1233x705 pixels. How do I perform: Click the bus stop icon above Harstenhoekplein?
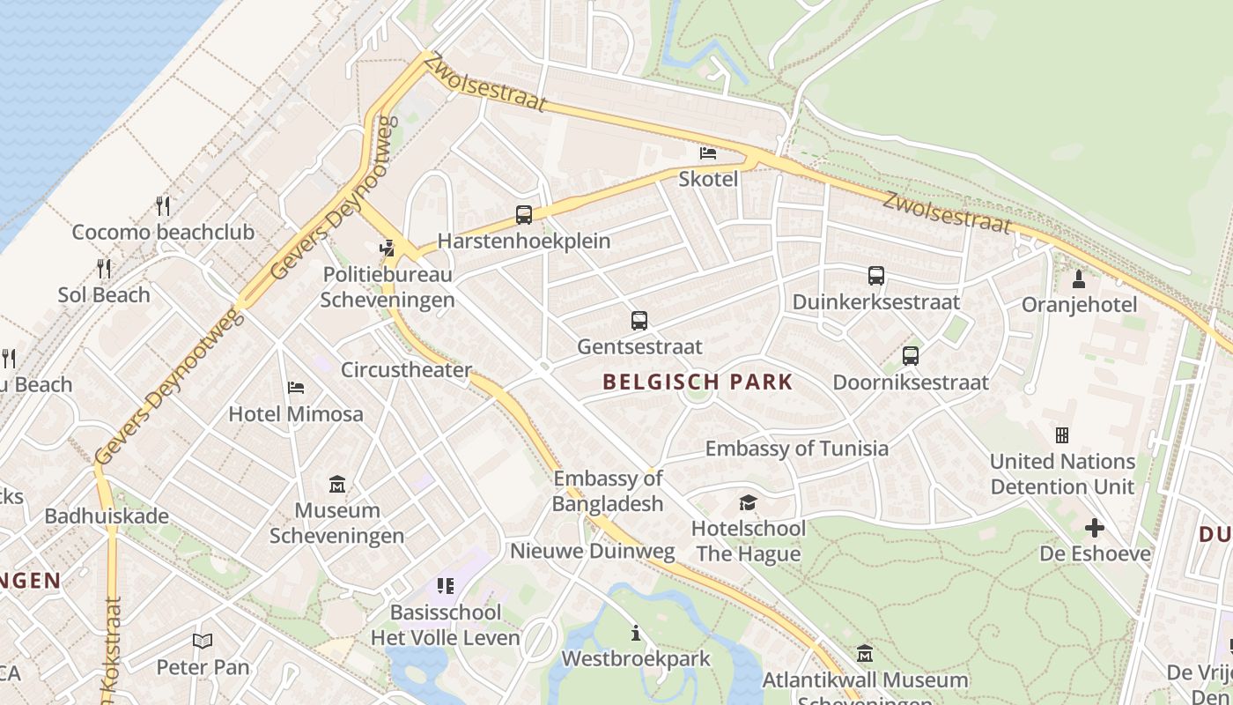(x=524, y=214)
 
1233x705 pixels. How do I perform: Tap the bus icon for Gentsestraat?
(x=639, y=321)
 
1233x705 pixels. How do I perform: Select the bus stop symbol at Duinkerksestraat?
(x=875, y=276)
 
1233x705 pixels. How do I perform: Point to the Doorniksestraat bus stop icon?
(x=911, y=356)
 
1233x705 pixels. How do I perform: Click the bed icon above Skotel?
(x=707, y=153)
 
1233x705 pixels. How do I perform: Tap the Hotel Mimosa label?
(x=296, y=413)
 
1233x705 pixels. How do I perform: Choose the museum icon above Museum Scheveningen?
(x=336, y=484)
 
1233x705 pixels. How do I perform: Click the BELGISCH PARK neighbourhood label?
(x=698, y=382)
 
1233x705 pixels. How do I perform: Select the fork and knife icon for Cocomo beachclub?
(x=163, y=205)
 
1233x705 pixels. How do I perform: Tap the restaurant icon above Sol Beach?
(x=104, y=269)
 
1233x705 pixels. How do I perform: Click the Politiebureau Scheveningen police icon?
(x=387, y=249)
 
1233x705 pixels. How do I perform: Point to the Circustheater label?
(x=406, y=369)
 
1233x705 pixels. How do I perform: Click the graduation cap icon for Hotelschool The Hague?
(x=748, y=502)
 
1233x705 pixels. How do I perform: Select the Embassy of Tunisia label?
(x=796, y=448)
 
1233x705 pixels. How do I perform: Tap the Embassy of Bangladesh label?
(x=608, y=491)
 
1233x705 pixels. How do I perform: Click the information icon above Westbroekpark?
(x=635, y=633)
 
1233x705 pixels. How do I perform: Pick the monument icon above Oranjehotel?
(x=1079, y=279)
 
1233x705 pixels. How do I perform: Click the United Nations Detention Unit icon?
(x=1062, y=435)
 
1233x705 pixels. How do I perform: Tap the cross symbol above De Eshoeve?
(x=1094, y=528)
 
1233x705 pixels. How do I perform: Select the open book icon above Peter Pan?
(x=203, y=642)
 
